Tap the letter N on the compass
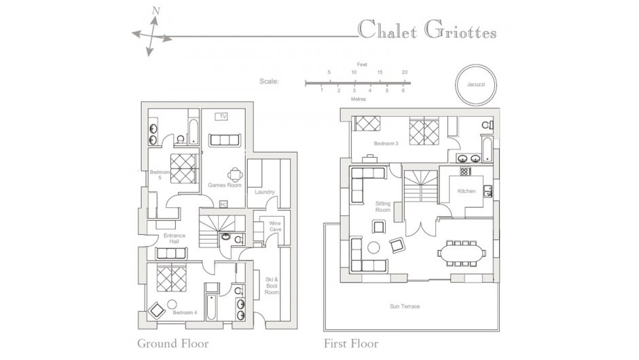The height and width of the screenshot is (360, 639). pyautogui.click(x=156, y=11)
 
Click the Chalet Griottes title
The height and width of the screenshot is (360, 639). pyautogui.click(x=427, y=30)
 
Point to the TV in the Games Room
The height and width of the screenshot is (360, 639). pyautogui.click(x=221, y=117)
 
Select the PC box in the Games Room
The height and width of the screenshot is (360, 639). pyautogui.click(x=223, y=204)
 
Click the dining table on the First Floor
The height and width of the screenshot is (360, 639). pyautogui.click(x=462, y=253)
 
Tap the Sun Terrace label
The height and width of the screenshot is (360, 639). pyautogui.click(x=405, y=306)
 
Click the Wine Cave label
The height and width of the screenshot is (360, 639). pyautogui.click(x=275, y=226)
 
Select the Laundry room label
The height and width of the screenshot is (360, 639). pyautogui.click(x=264, y=192)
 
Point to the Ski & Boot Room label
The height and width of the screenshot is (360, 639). pyautogui.click(x=272, y=286)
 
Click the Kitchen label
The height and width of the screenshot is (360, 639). pyautogui.click(x=467, y=191)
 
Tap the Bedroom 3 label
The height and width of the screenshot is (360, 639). pyautogui.click(x=386, y=143)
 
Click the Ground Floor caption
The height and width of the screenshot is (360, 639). pyautogui.click(x=172, y=344)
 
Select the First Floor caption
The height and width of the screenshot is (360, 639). pyautogui.click(x=351, y=344)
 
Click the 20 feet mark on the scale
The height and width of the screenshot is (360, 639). pyautogui.click(x=405, y=72)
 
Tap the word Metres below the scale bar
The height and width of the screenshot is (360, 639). pyautogui.click(x=359, y=99)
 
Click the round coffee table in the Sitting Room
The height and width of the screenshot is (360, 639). pyautogui.click(x=373, y=247)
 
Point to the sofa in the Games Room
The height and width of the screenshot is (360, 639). pyautogui.click(x=225, y=139)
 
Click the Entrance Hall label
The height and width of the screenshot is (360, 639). pyautogui.click(x=175, y=238)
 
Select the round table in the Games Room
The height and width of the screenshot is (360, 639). pyautogui.click(x=236, y=175)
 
